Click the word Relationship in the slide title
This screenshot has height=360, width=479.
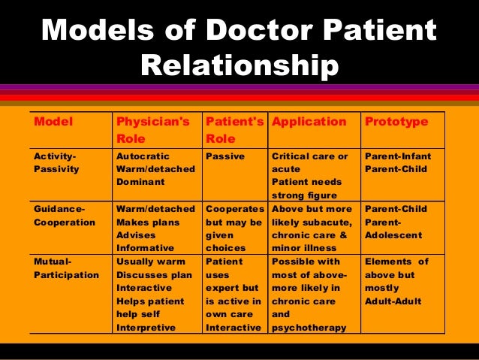coord(239,67)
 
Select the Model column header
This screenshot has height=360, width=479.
coord(50,122)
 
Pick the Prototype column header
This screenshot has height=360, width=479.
coord(396,122)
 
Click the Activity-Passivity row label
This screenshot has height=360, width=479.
coord(56,162)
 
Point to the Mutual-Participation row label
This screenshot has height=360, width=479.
coord(66,268)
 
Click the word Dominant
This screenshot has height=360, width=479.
coord(139,182)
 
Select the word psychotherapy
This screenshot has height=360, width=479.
coord(309,328)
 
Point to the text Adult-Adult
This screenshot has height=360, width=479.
coord(393,301)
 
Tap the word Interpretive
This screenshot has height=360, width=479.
coord(146,328)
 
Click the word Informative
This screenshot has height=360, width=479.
coord(145,248)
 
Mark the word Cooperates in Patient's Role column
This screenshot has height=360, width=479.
coord(233,209)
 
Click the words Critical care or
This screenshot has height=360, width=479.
coord(309,156)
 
